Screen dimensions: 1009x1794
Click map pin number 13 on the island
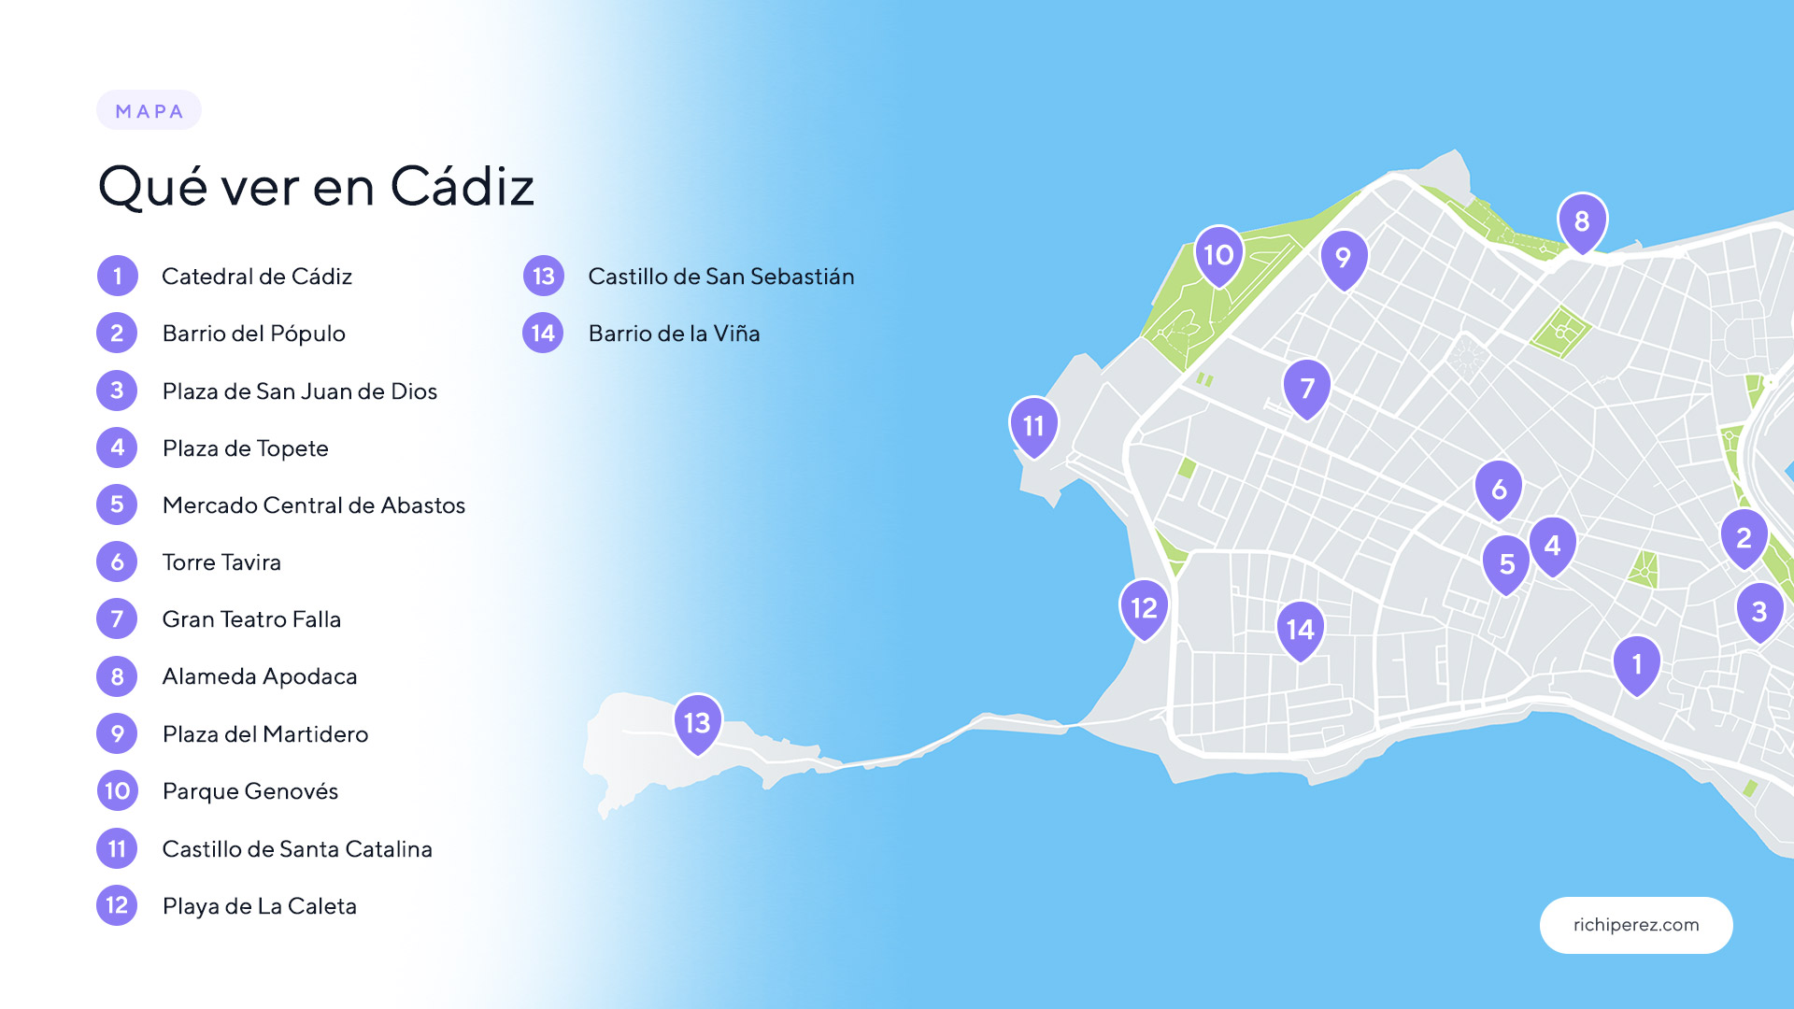tap(698, 722)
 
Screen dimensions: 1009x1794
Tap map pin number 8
tap(1582, 221)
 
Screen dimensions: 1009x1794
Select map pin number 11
tap(1033, 426)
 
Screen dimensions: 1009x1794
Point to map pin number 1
tap(1637, 663)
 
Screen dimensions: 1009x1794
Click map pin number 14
tap(1300, 629)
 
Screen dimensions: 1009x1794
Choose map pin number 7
tap(1307, 388)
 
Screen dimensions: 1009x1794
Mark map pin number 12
tap(1144, 608)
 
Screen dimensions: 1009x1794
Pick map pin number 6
tap(1499, 489)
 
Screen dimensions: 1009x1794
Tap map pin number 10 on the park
tap(1218, 254)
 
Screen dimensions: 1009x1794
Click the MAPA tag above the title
tap(149, 111)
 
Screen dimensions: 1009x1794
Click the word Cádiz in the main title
tap(462, 186)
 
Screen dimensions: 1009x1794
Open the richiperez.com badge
tap(1636, 925)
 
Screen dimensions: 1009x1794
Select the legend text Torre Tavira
tap(221, 562)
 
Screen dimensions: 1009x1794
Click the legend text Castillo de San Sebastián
tap(720, 277)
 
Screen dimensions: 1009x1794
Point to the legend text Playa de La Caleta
tap(260, 906)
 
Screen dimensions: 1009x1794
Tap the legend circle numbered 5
tap(117, 505)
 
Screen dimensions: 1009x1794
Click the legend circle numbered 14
tap(543, 334)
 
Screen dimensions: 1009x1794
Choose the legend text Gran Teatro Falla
tap(251, 619)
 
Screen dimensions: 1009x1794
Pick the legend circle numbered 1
tap(117, 277)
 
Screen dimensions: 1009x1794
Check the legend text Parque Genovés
tap(250, 791)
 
